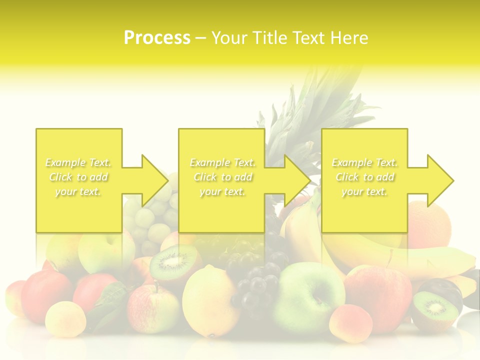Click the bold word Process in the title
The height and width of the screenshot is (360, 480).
(157, 38)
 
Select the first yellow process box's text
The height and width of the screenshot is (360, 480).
(78, 177)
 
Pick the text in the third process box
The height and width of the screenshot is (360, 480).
(364, 177)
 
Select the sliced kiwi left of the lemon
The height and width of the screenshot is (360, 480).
(172, 262)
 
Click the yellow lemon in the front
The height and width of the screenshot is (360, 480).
(210, 301)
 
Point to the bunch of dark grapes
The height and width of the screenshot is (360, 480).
(255, 285)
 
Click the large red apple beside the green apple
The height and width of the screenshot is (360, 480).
(379, 297)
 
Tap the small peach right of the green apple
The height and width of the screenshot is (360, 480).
(351, 323)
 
